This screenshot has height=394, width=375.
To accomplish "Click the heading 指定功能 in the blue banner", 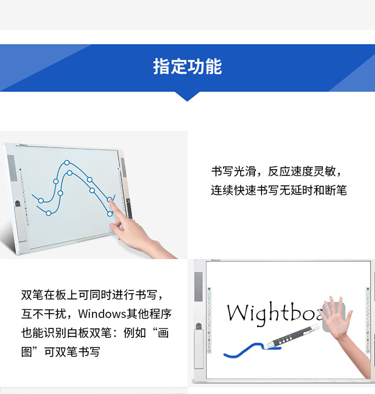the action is pos(187,67).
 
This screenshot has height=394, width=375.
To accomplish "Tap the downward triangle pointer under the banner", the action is pos(187,97).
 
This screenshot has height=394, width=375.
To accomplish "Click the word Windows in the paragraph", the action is pos(102,314).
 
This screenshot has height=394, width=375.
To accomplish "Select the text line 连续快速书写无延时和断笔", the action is pos(278,190).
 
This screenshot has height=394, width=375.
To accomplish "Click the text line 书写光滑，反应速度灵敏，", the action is pos(276,172).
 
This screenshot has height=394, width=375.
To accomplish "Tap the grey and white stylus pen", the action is pos(292,337).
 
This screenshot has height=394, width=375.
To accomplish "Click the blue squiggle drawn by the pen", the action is pos(251,349).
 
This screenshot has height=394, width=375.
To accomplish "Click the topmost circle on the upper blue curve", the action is pos(67,163).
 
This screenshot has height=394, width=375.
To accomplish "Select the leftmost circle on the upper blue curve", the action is pos(41,201).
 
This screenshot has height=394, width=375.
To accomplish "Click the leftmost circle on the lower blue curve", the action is pos(48,213).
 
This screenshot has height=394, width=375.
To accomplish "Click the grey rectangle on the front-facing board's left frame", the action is pos(198,286).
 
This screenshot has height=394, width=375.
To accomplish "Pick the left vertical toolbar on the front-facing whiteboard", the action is pos(209,320).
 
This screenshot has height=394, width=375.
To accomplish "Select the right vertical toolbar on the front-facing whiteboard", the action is pos(367,320).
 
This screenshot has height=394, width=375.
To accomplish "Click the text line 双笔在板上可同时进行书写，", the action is pos(92,295).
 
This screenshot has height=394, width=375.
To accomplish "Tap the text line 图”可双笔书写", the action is pos(60,352).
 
